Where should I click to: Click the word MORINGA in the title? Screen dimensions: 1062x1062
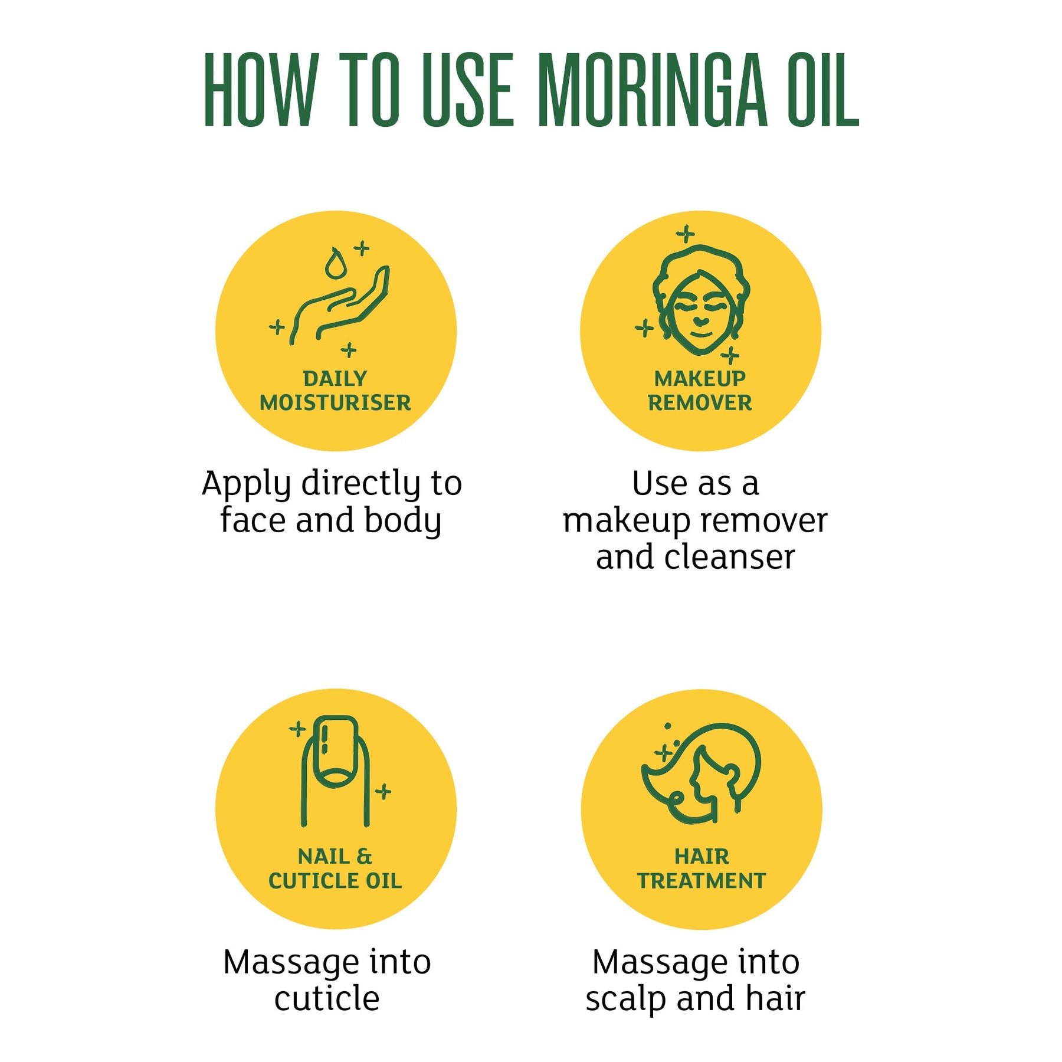(653, 90)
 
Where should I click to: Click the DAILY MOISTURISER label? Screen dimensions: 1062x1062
(335, 391)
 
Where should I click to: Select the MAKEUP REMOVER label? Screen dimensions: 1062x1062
(700, 391)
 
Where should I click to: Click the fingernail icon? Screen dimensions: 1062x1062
(335, 771)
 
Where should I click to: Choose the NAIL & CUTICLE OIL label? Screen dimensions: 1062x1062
(335, 868)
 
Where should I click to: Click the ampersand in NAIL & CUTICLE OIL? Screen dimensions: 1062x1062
(365, 856)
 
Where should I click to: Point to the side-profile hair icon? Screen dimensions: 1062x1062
(702, 773)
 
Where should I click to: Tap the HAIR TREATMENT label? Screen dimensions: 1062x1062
(702, 868)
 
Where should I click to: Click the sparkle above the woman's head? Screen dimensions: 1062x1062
(685, 234)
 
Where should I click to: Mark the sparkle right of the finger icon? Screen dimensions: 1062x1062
(383, 791)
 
